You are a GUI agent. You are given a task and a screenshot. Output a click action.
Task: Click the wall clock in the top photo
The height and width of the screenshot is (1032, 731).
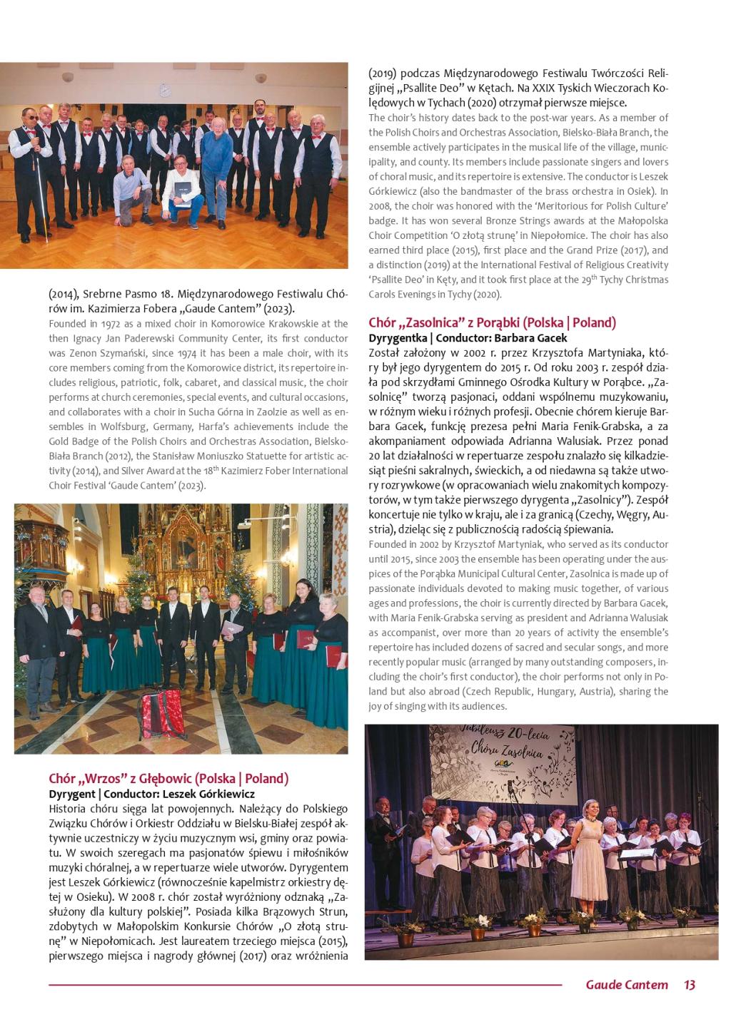tap(164, 91)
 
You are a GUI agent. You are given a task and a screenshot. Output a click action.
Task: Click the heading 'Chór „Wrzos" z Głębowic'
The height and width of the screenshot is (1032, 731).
tap(168, 778)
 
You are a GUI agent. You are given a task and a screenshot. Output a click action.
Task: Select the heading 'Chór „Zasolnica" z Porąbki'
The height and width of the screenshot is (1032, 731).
tap(492, 322)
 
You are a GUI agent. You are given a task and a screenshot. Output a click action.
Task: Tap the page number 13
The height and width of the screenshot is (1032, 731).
tap(689, 985)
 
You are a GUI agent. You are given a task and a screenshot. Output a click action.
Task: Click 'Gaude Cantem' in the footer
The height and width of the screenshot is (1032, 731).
tap(627, 985)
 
